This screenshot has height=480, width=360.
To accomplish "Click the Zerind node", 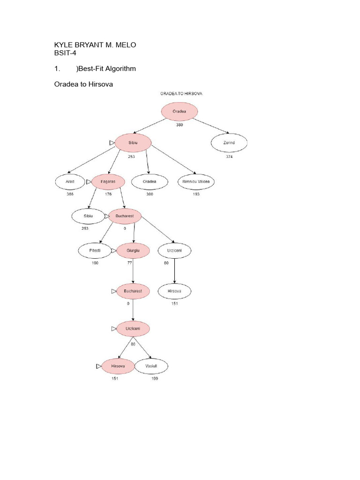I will (x=229, y=143).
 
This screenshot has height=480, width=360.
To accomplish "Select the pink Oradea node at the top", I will (x=180, y=112).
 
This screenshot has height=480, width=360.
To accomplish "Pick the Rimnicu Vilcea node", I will (x=195, y=181).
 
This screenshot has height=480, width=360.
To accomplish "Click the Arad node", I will (x=69, y=181).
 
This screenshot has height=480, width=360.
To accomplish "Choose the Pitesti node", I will (x=95, y=251).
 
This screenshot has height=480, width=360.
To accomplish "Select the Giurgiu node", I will (x=133, y=251).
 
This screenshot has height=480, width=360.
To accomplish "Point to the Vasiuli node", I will (x=151, y=366).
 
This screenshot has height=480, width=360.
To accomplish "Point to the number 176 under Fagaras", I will (x=108, y=194).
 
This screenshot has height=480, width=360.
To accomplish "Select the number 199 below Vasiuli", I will (x=154, y=379).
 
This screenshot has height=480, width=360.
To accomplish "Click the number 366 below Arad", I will (x=70, y=194).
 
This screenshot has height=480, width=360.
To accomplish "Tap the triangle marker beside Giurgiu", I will (x=113, y=251).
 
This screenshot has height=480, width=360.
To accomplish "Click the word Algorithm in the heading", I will (x=120, y=69).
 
